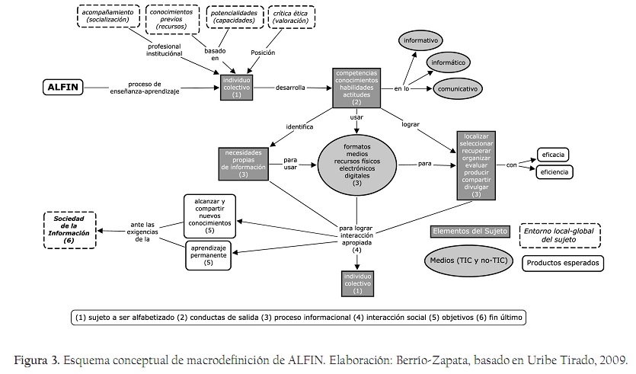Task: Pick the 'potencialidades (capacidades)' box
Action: click(x=235, y=16)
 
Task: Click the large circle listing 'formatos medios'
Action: click(x=356, y=163)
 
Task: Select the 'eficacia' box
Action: click(x=554, y=155)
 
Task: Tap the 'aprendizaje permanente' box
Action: click(x=208, y=255)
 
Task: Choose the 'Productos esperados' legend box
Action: click(x=564, y=264)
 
